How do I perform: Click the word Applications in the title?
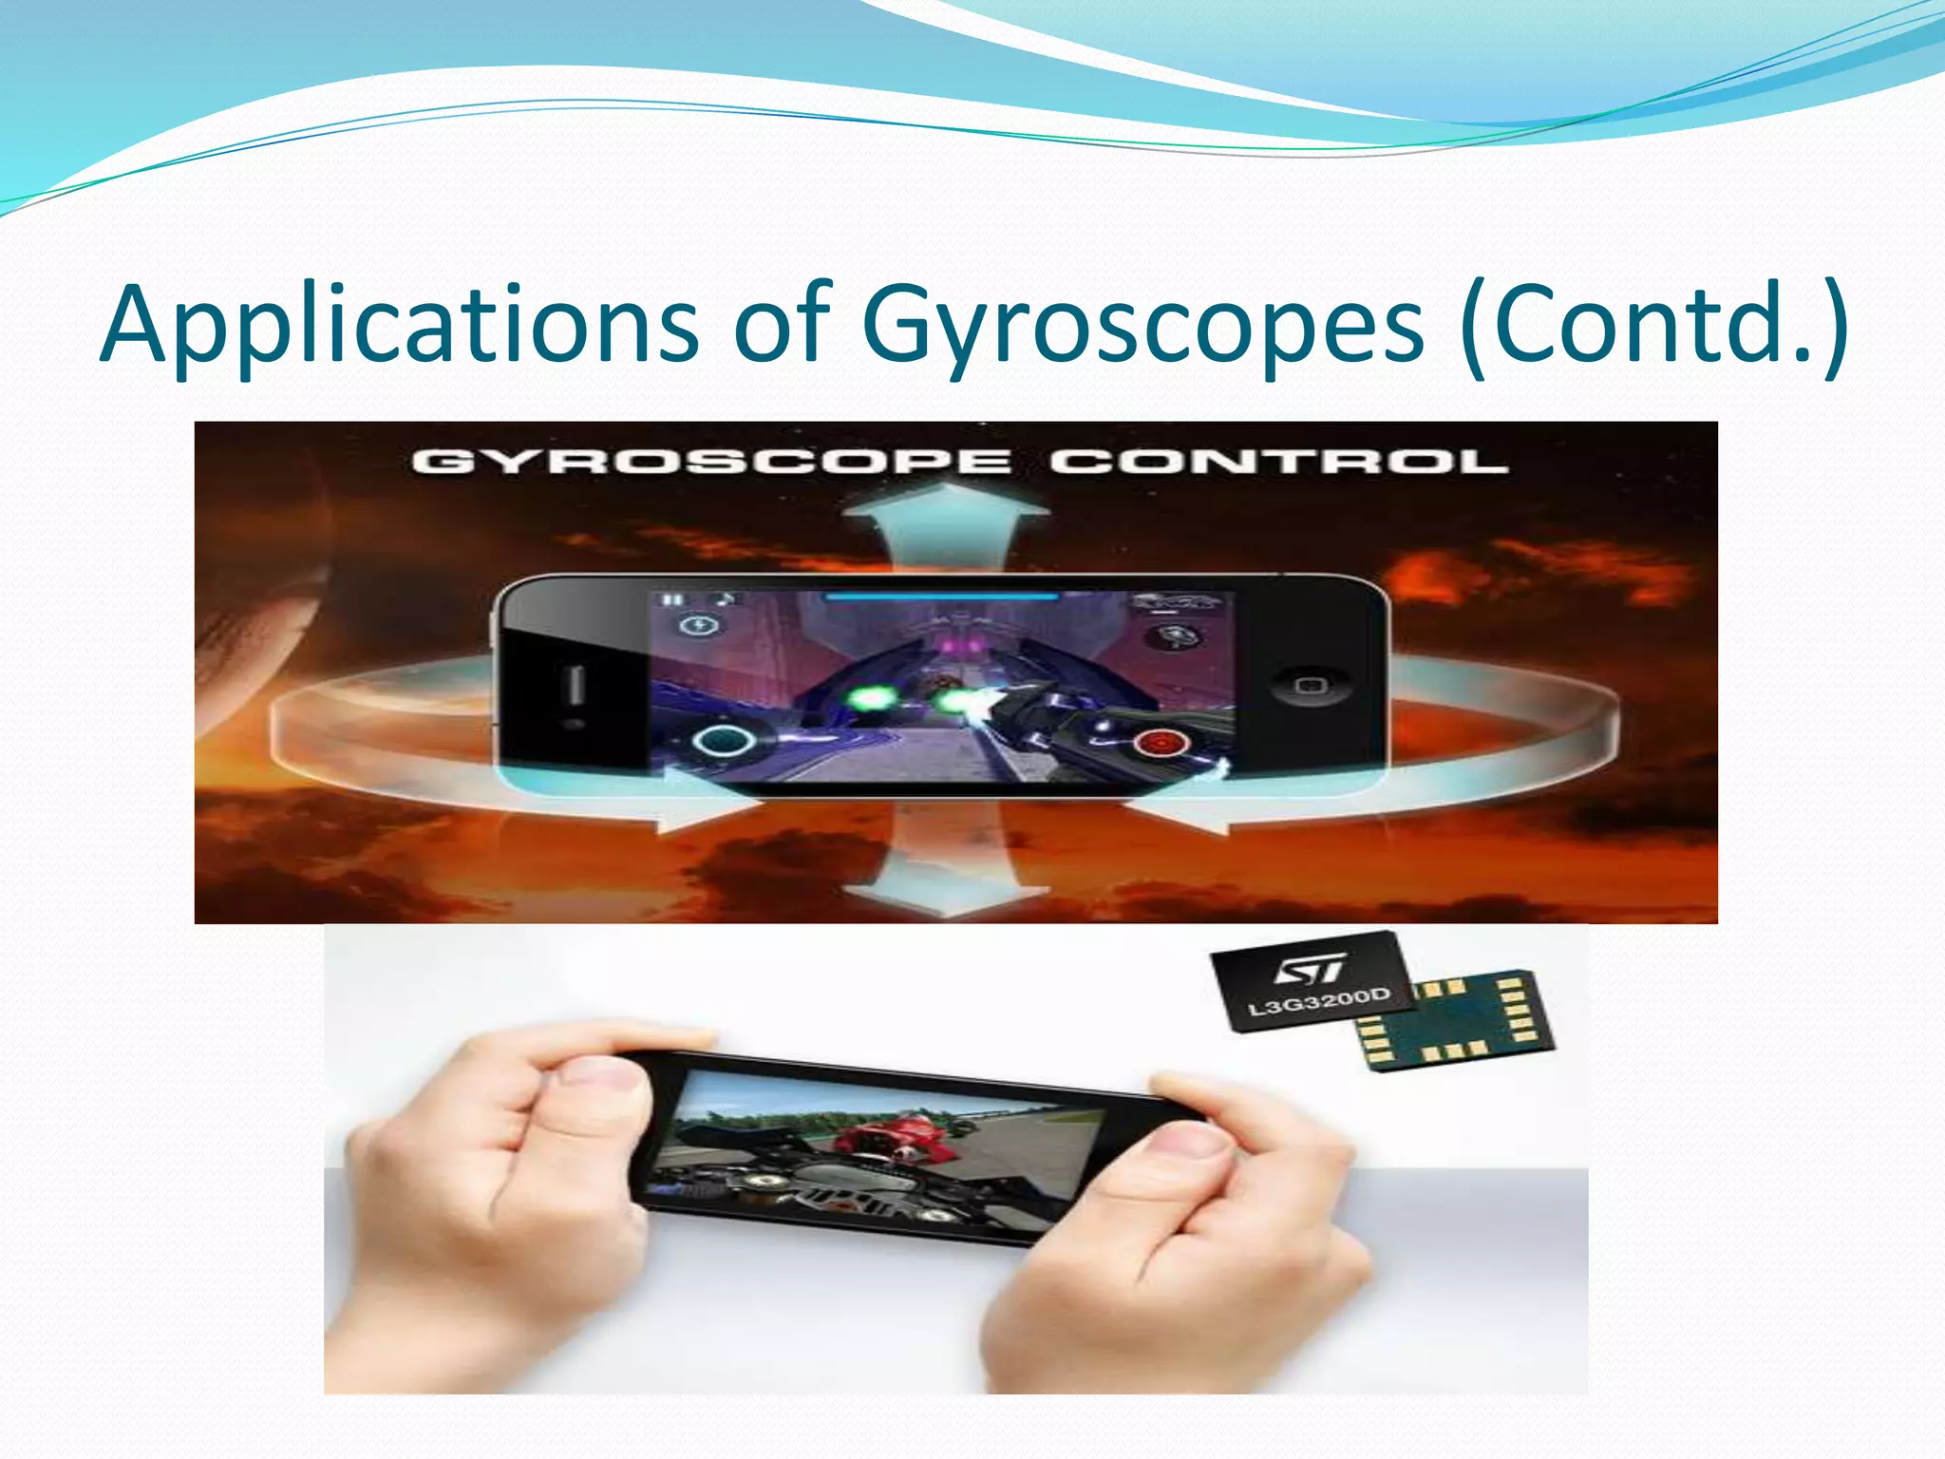[399, 325]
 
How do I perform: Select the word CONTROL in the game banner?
[1278, 463]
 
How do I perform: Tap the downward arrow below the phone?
[944, 879]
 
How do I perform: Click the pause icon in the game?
[672, 600]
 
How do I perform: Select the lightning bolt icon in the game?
[701, 626]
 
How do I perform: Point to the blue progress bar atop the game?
[940, 597]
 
